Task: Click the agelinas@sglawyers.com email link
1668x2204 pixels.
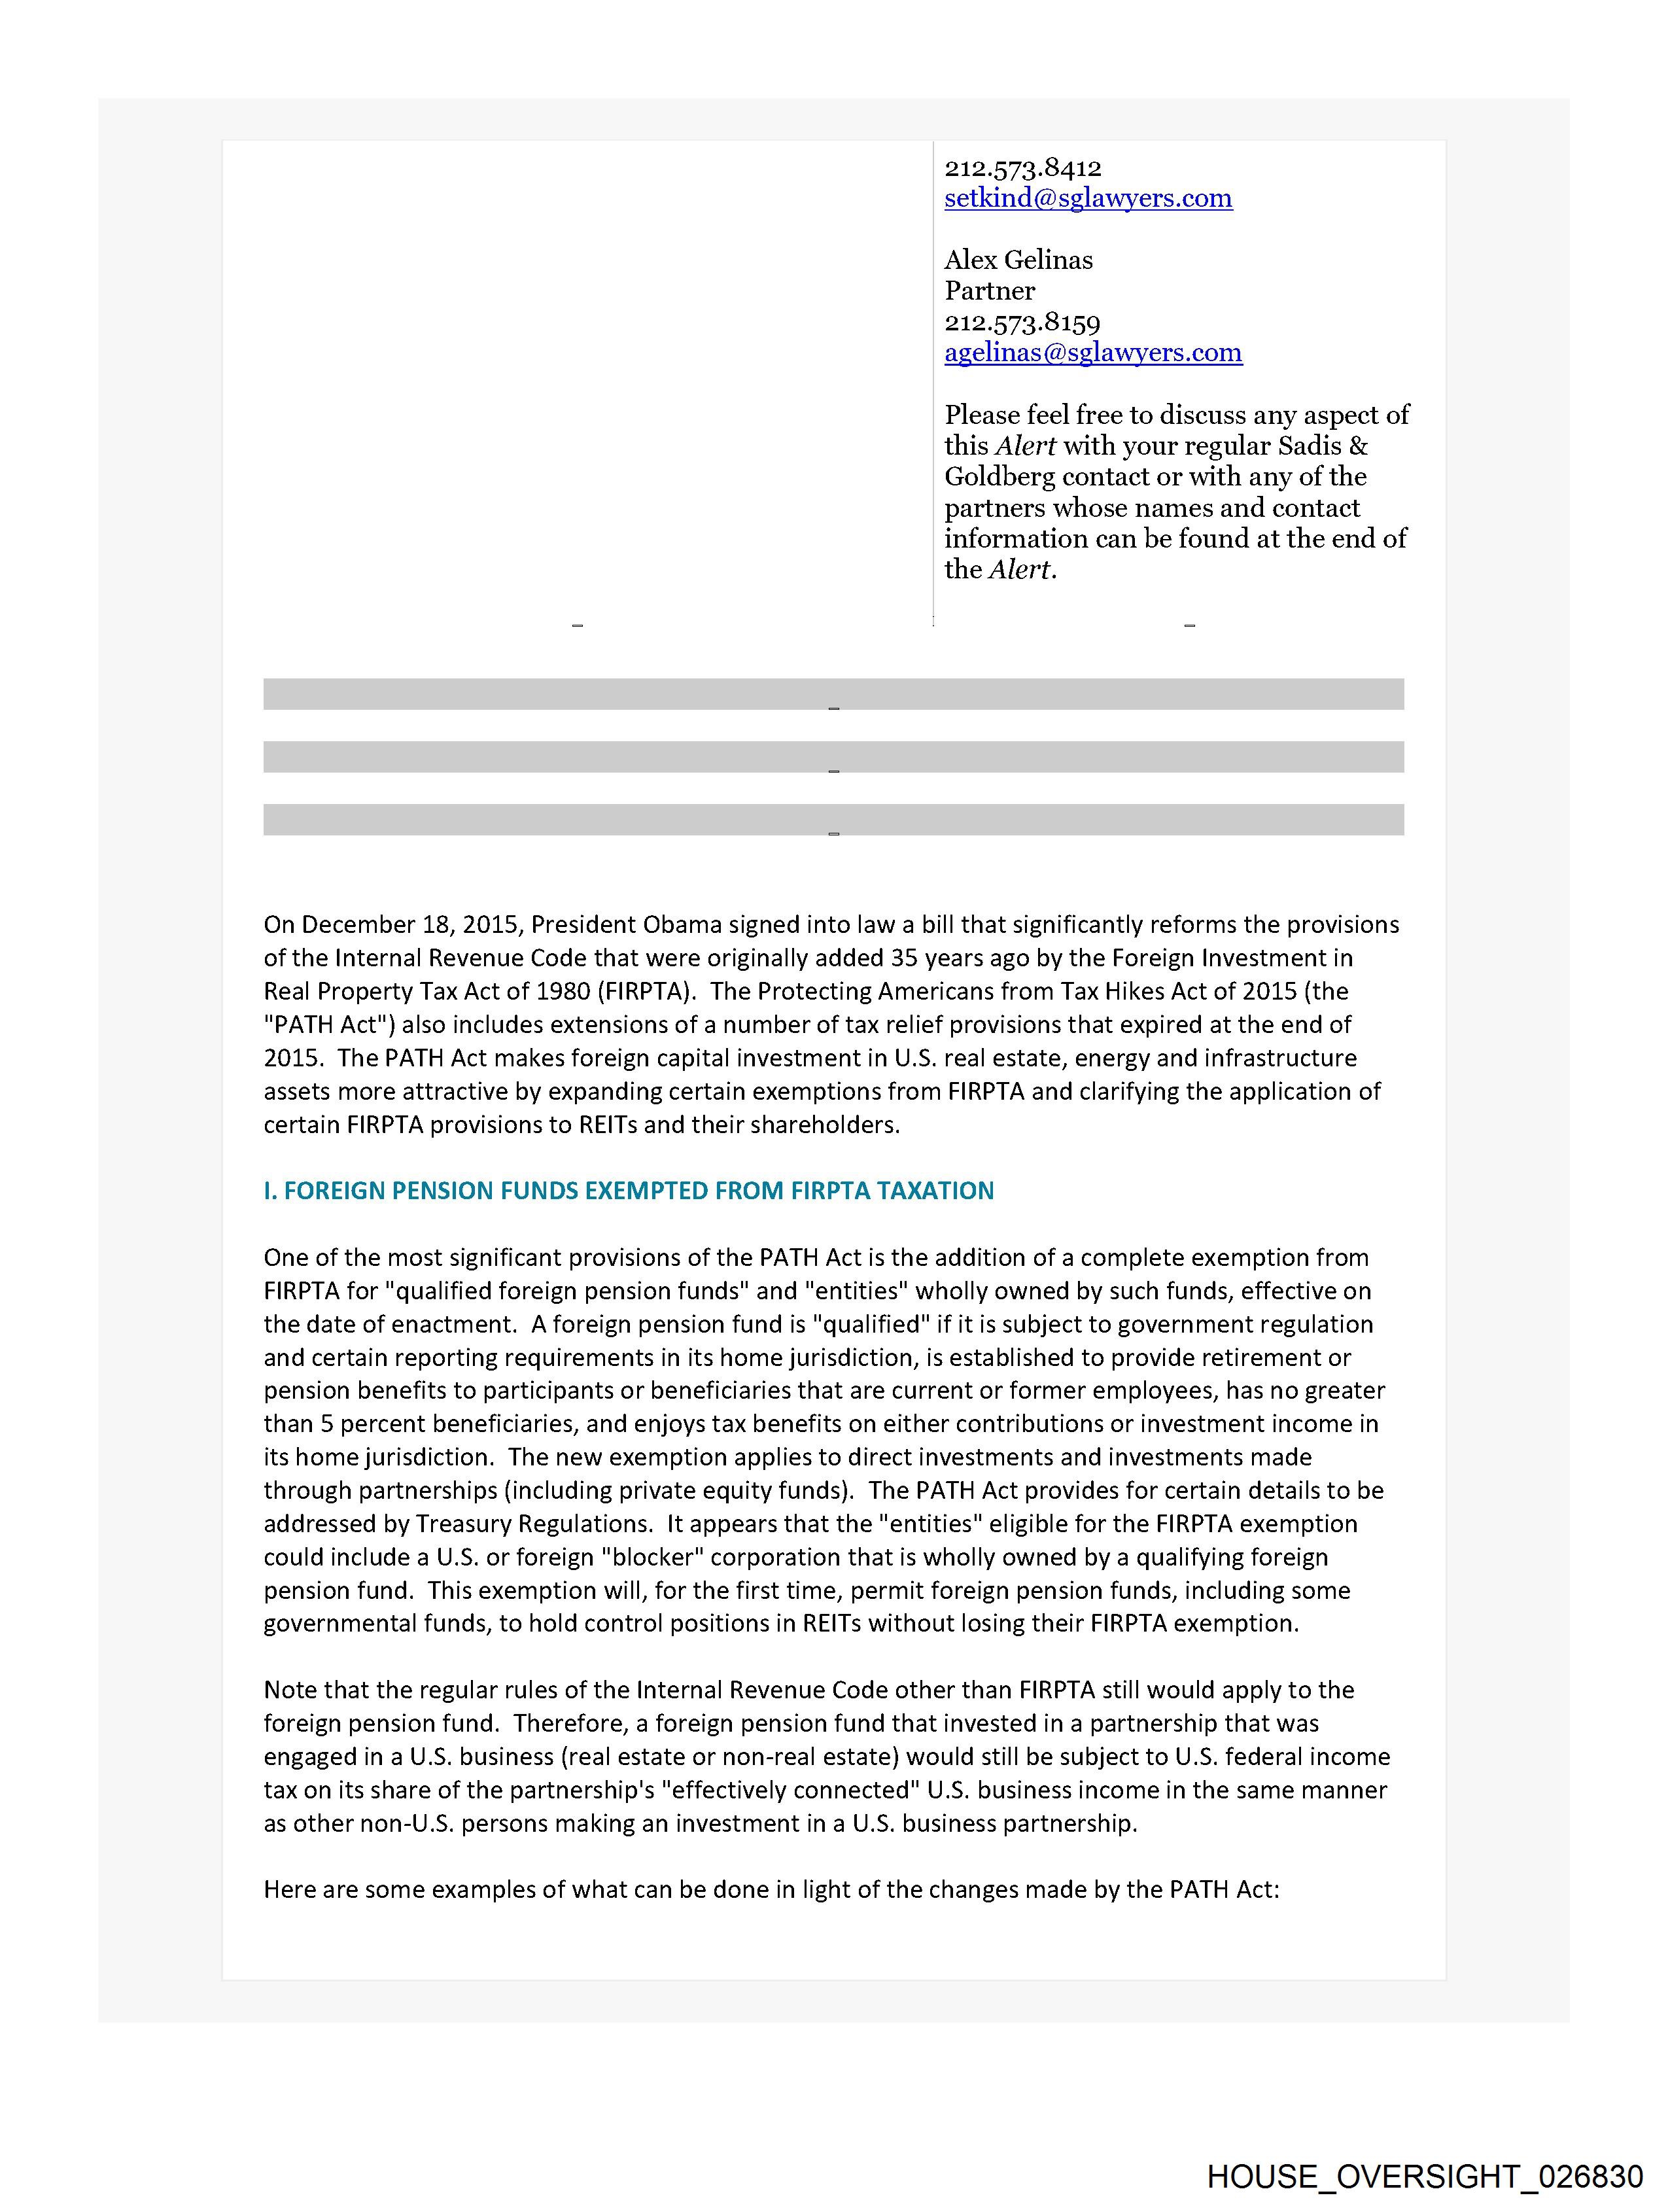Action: tap(1092, 353)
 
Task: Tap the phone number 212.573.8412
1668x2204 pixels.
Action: tap(1022, 167)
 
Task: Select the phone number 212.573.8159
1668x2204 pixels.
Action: tap(1022, 322)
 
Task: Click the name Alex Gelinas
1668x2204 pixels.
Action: tap(1018, 260)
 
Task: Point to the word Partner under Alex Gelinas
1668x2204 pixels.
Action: tap(990, 291)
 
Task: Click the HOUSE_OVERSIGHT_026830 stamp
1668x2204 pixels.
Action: tap(1425, 2175)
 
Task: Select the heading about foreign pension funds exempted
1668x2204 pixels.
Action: tap(628, 1191)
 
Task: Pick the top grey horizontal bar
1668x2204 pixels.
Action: tap(833, 693)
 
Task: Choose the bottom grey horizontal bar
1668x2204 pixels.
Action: tap(833, 819)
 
